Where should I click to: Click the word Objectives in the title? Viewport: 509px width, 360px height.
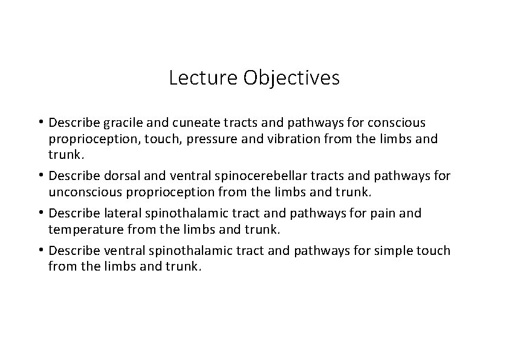291,78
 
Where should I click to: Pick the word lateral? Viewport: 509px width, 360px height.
109,213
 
